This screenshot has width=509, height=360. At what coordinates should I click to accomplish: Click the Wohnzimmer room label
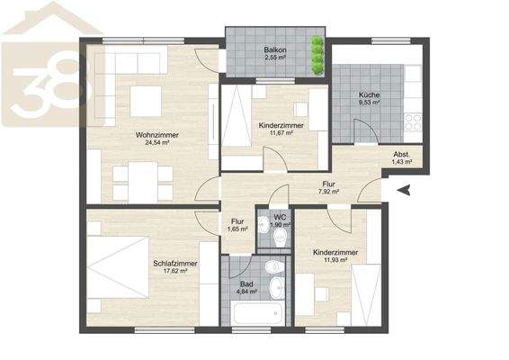(x=157, y=134)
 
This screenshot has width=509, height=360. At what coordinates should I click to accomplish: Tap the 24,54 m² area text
(x=157, y=143)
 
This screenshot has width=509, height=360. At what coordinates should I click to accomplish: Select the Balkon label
(x=276, y=49)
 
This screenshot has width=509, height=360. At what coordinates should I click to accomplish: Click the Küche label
(x=369, y=94)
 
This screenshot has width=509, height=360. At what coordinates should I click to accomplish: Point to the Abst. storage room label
(x=402, y=155)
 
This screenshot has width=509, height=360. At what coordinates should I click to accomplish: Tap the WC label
(x=280, y=217)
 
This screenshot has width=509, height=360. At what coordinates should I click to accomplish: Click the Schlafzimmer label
(x=175, y=264)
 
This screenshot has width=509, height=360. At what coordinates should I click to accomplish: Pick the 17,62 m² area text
(x=175, y=273)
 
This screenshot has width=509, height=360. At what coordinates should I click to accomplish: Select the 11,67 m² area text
(x=279, y=134)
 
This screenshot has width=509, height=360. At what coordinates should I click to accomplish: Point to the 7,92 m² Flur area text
(x=328, y=191)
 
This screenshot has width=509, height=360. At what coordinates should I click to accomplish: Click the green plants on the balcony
(x=317, y=56)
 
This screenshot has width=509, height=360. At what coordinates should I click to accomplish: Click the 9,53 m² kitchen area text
(x=369, y=103)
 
